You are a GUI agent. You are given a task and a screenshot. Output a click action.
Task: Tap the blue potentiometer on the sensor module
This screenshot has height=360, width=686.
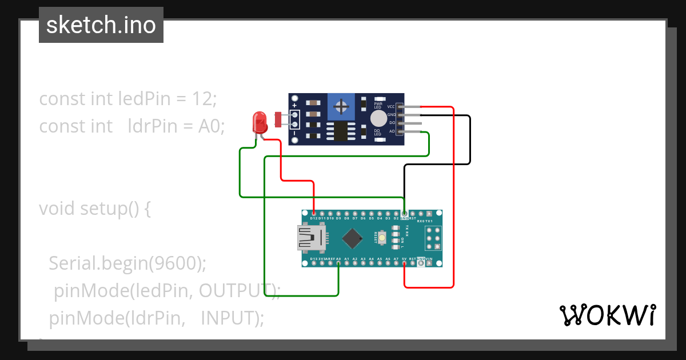[x=341, y=107]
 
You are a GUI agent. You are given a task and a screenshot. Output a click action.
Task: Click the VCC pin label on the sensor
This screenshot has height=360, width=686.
[x=391, y=106]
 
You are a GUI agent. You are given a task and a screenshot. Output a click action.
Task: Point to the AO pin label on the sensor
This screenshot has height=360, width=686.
[x=392, y=131]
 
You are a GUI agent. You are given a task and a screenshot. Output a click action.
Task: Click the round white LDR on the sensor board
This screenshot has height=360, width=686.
[x=378, y=118]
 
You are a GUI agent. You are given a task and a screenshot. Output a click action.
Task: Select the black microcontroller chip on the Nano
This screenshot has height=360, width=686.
[x=354, y=238]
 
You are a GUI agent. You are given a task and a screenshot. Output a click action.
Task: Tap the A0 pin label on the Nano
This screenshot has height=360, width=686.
[x=338, y=259]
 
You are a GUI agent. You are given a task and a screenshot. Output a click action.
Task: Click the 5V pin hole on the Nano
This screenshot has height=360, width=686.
[x=404, y=264]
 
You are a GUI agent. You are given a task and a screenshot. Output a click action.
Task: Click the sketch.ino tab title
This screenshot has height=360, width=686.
[x=101, y=25]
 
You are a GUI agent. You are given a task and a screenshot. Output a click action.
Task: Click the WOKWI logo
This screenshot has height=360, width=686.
[x=607, y=315]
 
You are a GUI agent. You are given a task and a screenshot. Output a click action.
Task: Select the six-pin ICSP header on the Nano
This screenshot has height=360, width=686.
[x=433, y=238]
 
